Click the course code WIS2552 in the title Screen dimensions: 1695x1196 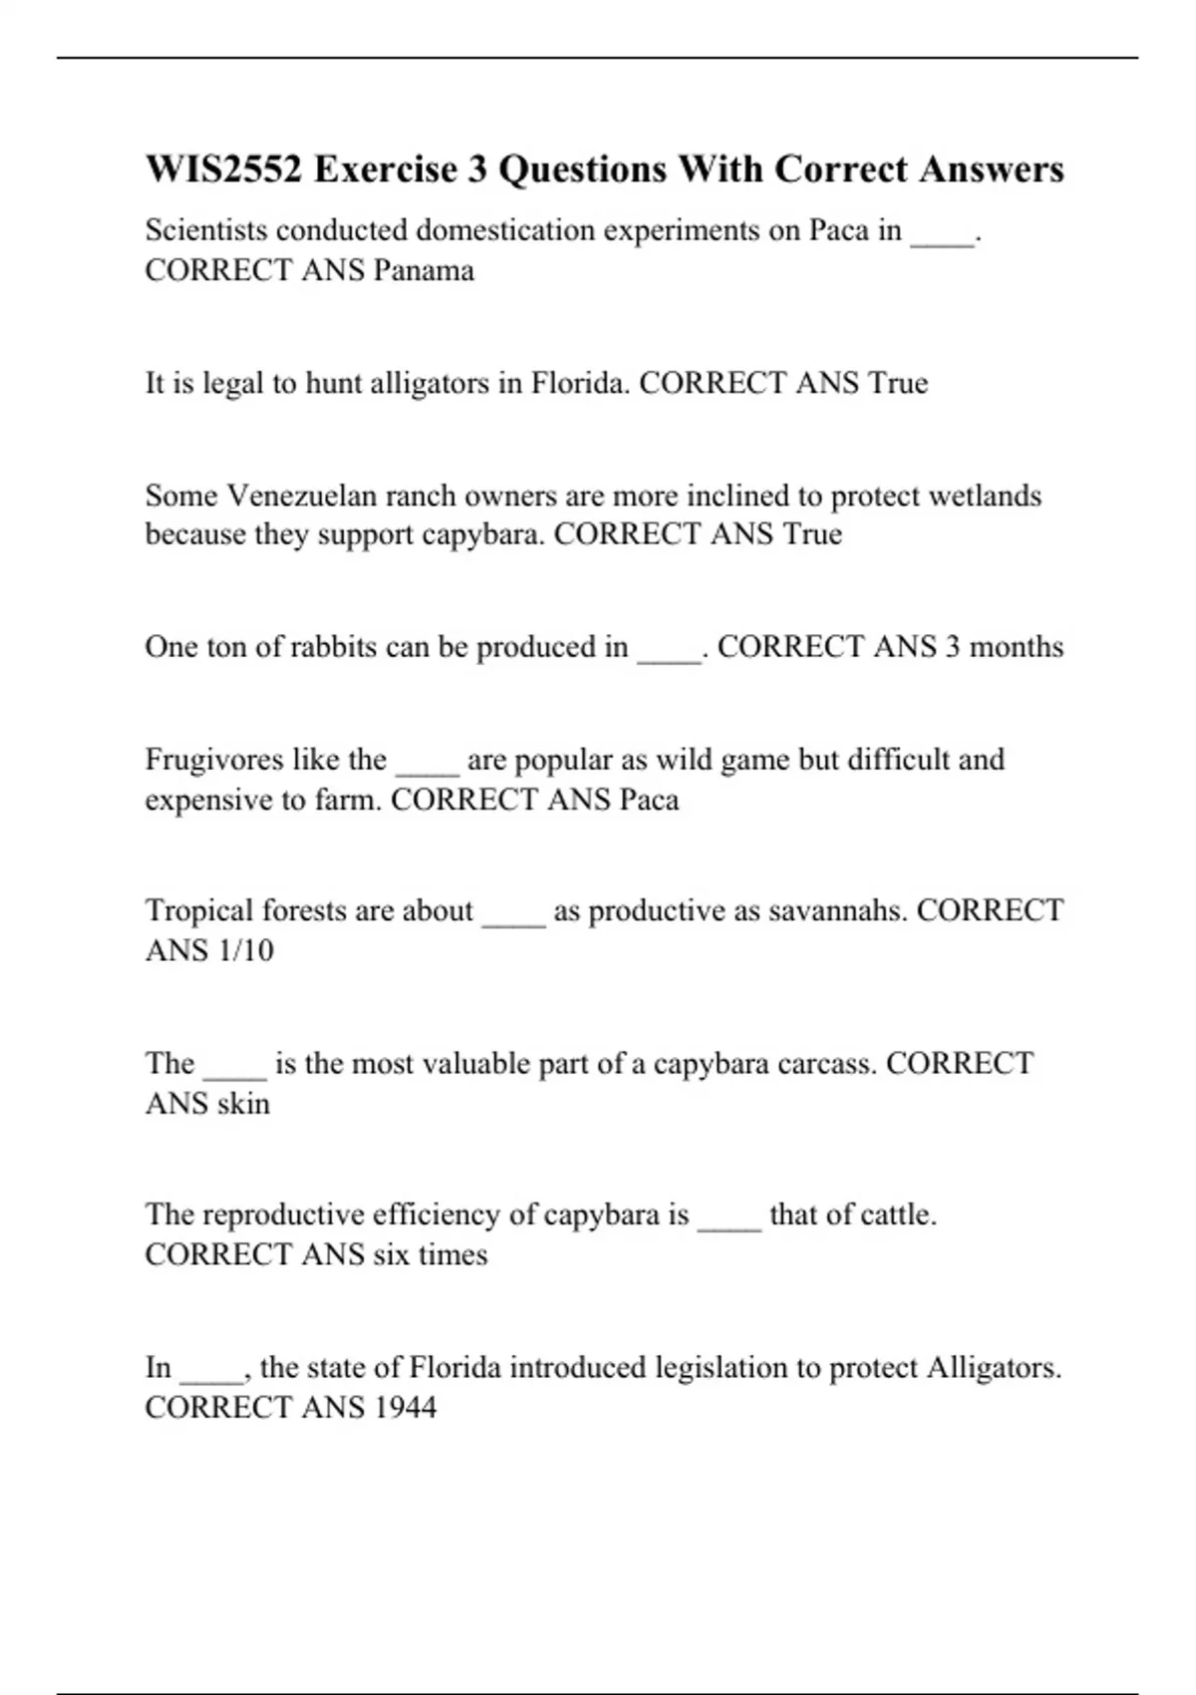point(223,169)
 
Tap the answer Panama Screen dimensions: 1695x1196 point(424,270)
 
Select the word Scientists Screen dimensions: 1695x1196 point(206,230)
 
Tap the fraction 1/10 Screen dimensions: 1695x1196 point(243,950)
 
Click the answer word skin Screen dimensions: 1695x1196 point(243,1104)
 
